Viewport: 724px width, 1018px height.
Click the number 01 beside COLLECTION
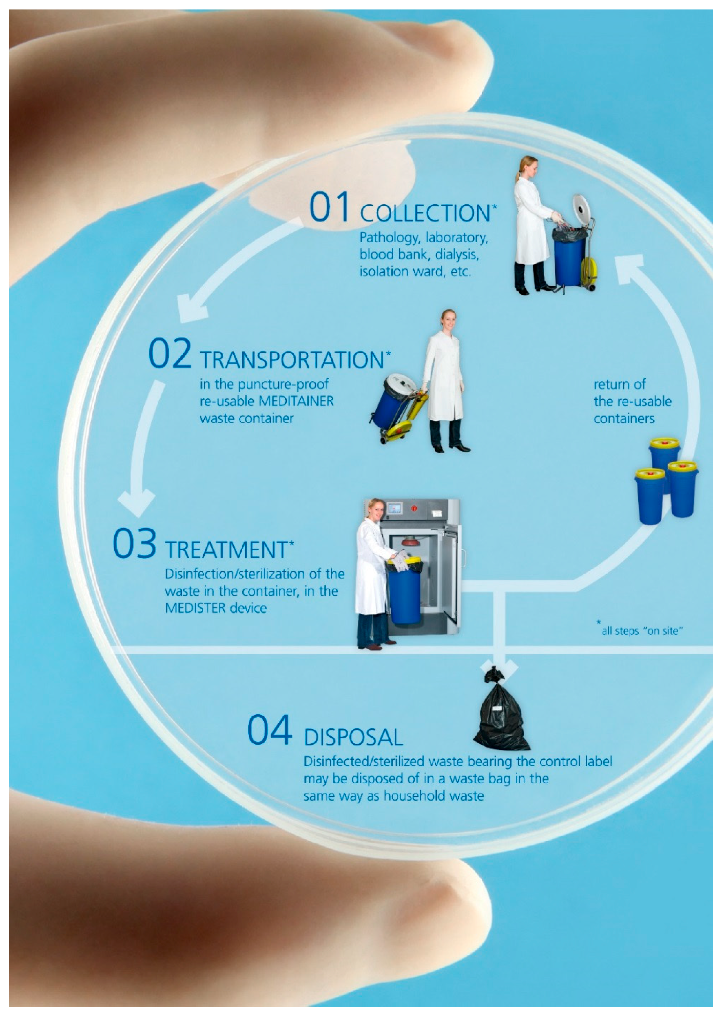(x=329, y=207)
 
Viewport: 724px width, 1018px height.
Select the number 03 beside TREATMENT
(x=134, y=543)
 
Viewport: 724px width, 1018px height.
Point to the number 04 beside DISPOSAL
(x=270, y=730)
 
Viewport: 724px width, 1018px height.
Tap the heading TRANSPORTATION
(x=292, y=360)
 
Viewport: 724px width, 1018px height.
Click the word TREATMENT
(x=227, y=550)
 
